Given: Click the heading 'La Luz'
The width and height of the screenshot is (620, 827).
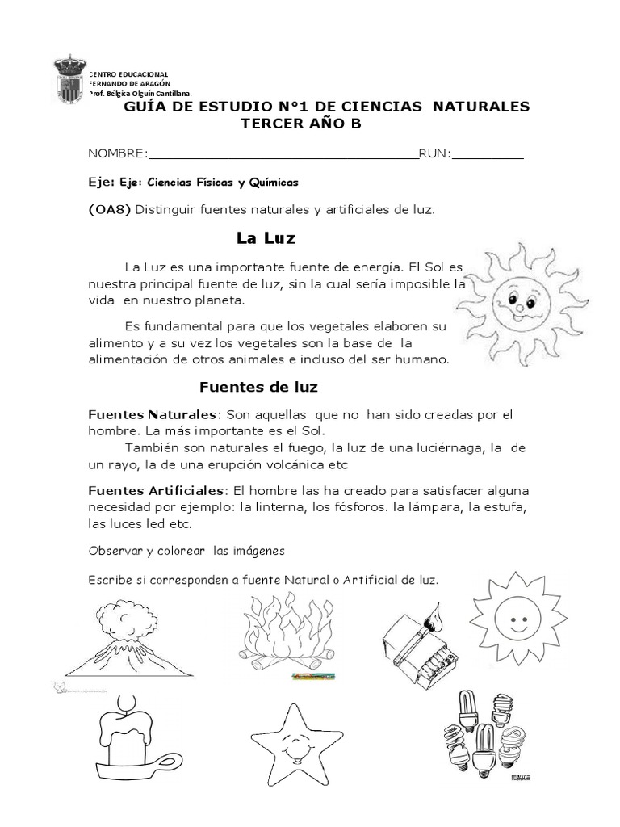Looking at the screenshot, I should [266, 238].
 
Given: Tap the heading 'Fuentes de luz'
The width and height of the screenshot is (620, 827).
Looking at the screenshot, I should [259, 387].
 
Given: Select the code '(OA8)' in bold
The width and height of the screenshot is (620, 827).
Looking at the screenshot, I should [109, 210].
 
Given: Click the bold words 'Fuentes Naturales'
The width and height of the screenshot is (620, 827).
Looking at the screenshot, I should [152, 414].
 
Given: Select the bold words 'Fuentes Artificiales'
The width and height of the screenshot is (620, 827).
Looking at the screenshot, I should [157, 491].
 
